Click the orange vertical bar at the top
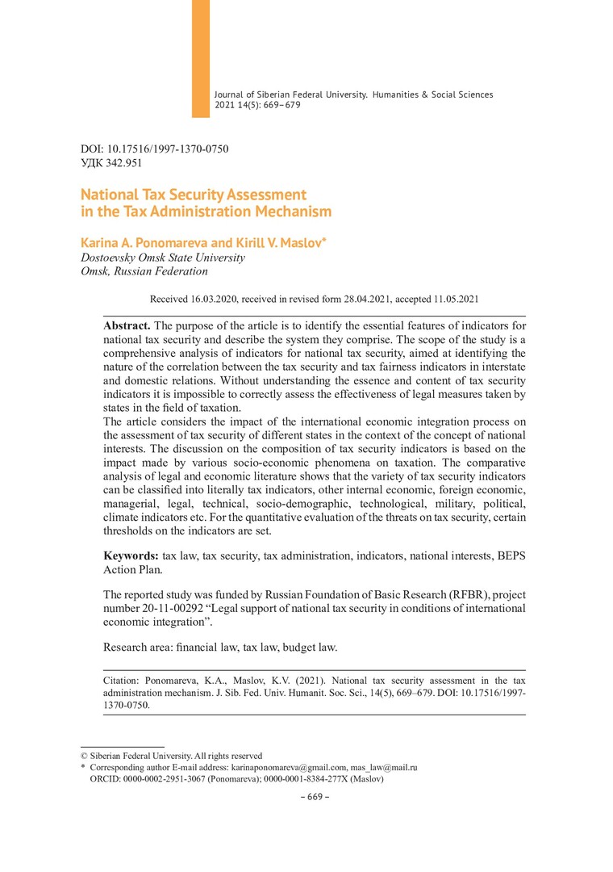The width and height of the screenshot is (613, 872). point(200,58)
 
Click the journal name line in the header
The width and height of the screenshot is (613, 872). point(353,94)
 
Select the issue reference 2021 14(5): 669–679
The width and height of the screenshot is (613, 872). point(257,105)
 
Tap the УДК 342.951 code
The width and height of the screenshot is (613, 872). point(112,163)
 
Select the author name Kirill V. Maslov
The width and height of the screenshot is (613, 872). point(277,242)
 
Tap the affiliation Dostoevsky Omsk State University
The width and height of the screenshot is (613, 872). point(163,258)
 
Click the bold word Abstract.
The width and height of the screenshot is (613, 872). point(127,324)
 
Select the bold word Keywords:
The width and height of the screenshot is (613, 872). point(131,556)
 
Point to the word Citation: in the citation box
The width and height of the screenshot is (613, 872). point(122,681)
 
